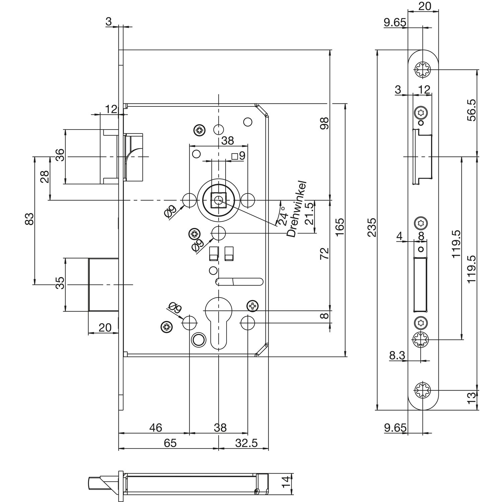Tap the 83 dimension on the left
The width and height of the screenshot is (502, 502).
coord(30,219)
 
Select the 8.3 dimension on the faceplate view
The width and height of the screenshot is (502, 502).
coord(397,355)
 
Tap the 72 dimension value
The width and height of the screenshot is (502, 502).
coord(325,254)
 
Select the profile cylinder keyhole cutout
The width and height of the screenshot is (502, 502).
coord(218,321)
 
